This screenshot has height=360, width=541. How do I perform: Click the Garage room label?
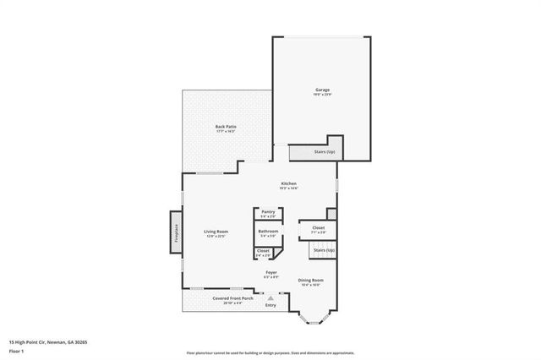pyautogui.click(x=322, y=90)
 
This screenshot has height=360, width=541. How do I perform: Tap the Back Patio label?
pyautogui.click(x=225, y=127)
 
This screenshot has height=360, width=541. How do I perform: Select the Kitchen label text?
pyautogui.click(x=288, y=183)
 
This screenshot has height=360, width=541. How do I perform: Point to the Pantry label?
pyautogui.click(x=268, y=212)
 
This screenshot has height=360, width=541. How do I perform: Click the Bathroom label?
pyautogui.click(x=268, y=231)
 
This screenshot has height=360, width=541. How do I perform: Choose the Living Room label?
pyautogui.click(x=216, y=232)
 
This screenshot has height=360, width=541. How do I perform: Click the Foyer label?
pyautogui.click(x=271, y=272)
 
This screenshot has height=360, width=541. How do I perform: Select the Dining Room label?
pyautogui.click(x=311, y=280)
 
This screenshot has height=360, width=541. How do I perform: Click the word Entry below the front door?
pyautogui.click(x=270, y=305)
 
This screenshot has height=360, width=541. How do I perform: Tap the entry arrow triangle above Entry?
pyautogui.click(x=270, y=297)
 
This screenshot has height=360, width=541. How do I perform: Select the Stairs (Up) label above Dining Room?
pyautogui.click(x=325, y=250)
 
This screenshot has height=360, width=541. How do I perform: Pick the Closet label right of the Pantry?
pyautogui.click(x=318, y=227)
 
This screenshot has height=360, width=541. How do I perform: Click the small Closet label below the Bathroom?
pyautogui.click(x=264, y=251)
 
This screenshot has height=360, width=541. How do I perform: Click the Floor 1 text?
pyautogui.click(x=16, y=352)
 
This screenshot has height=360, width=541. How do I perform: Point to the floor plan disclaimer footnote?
pyautogui.click(x=270, y=352)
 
